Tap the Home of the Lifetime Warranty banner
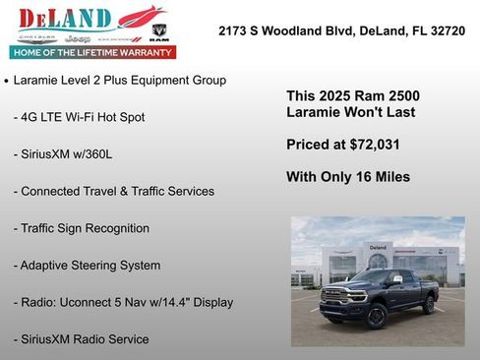click(x=92, y=52)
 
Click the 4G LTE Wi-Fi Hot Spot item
click(x=79, y=117)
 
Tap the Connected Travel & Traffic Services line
click(x=113, y=191)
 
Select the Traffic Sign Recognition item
click(x=81, y=228)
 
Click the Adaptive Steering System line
click(x=87, y=266)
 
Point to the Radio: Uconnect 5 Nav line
click(x=123, y=302)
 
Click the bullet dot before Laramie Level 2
click(x=7, y=81)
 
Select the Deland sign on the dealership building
click(x=378, y=247)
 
